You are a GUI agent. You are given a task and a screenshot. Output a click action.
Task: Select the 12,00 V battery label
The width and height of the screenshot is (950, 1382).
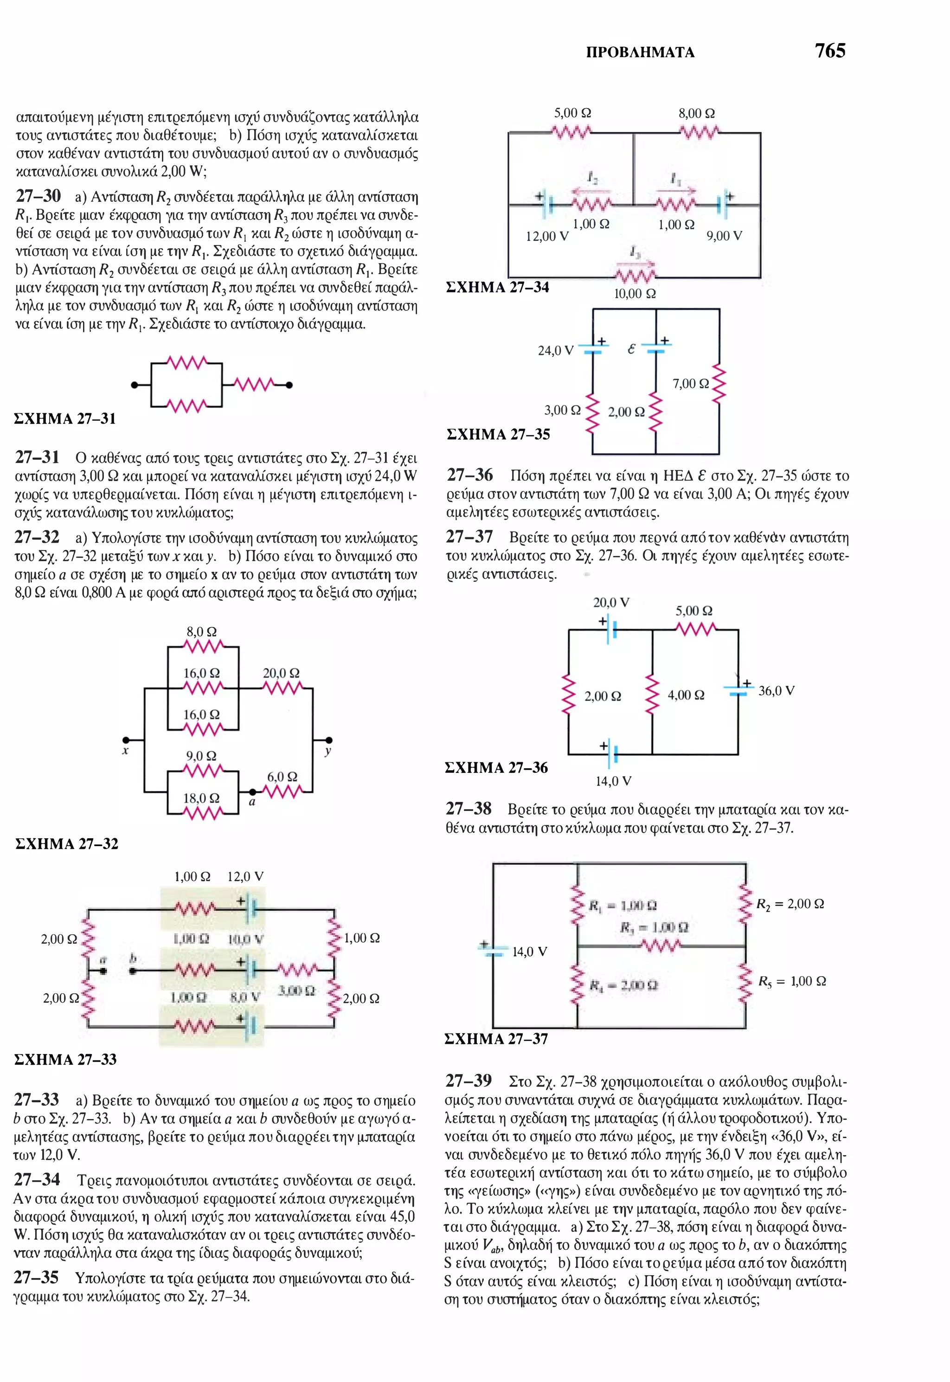tap(547, 236)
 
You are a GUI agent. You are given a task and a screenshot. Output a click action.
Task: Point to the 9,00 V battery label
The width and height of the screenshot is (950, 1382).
tap(725, 236)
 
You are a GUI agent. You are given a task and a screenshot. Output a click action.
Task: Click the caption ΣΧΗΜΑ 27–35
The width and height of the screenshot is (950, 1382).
tap(498, 435)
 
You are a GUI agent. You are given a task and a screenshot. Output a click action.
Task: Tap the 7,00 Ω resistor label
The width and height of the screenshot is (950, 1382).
tap(691, 384)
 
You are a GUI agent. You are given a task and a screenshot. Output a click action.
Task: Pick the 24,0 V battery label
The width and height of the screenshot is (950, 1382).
tap(555, 351)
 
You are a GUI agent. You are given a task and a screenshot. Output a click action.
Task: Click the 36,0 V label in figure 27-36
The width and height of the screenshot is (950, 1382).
tap(776, 691)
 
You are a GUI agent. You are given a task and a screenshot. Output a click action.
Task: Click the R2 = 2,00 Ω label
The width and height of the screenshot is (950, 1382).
tap(790, 904)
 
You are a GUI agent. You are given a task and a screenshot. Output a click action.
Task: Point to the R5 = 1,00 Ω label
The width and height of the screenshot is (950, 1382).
tap(792, 982)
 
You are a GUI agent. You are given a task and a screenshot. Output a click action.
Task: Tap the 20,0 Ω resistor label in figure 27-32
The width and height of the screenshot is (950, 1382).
tap(281, 673)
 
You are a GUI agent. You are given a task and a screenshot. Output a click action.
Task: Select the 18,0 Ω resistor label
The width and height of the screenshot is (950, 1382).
tap(201, 798)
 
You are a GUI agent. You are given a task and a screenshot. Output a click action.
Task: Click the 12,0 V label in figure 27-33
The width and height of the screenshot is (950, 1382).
tap(245, 877)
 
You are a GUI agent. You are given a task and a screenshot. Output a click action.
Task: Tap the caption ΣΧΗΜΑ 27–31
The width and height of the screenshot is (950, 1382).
tap(65, 419)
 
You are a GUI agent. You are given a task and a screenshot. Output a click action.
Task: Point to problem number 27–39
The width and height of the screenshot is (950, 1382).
tap(469, 1081)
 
